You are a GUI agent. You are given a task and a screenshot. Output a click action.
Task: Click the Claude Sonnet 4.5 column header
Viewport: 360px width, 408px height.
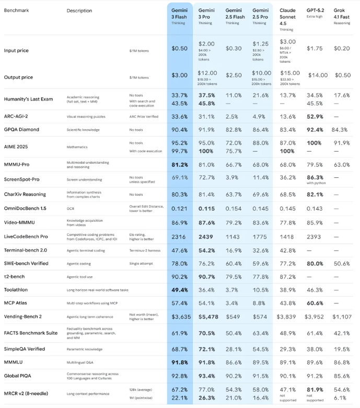(x=287, y=16)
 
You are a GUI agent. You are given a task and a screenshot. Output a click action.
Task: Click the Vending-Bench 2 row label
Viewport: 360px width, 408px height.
(x=24, y=316)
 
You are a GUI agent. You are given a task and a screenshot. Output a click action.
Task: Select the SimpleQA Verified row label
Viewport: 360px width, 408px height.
(x=25, y=349)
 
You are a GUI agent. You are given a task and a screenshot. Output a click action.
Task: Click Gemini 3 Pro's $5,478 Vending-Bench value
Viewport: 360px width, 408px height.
(x=206, y=316)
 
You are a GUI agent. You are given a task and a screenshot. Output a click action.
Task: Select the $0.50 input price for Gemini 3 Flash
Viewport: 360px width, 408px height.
(x=180, y=48)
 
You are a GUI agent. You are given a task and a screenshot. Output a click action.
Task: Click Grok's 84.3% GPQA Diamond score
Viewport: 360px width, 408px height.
(x=342, y=130)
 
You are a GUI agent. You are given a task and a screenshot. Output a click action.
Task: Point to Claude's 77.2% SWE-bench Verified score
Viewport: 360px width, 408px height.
(x=288, y=263)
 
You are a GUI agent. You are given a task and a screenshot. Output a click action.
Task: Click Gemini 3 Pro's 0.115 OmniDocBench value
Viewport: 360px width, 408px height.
(x=206, y=209)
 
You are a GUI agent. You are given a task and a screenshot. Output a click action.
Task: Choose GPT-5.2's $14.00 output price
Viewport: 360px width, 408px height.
(x=316, y=75)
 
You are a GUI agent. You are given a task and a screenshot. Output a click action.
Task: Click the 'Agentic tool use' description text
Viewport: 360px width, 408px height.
(x=80, y=276)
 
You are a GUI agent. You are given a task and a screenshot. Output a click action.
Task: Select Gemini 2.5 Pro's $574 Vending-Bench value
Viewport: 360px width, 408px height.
(x=260, y=316)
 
